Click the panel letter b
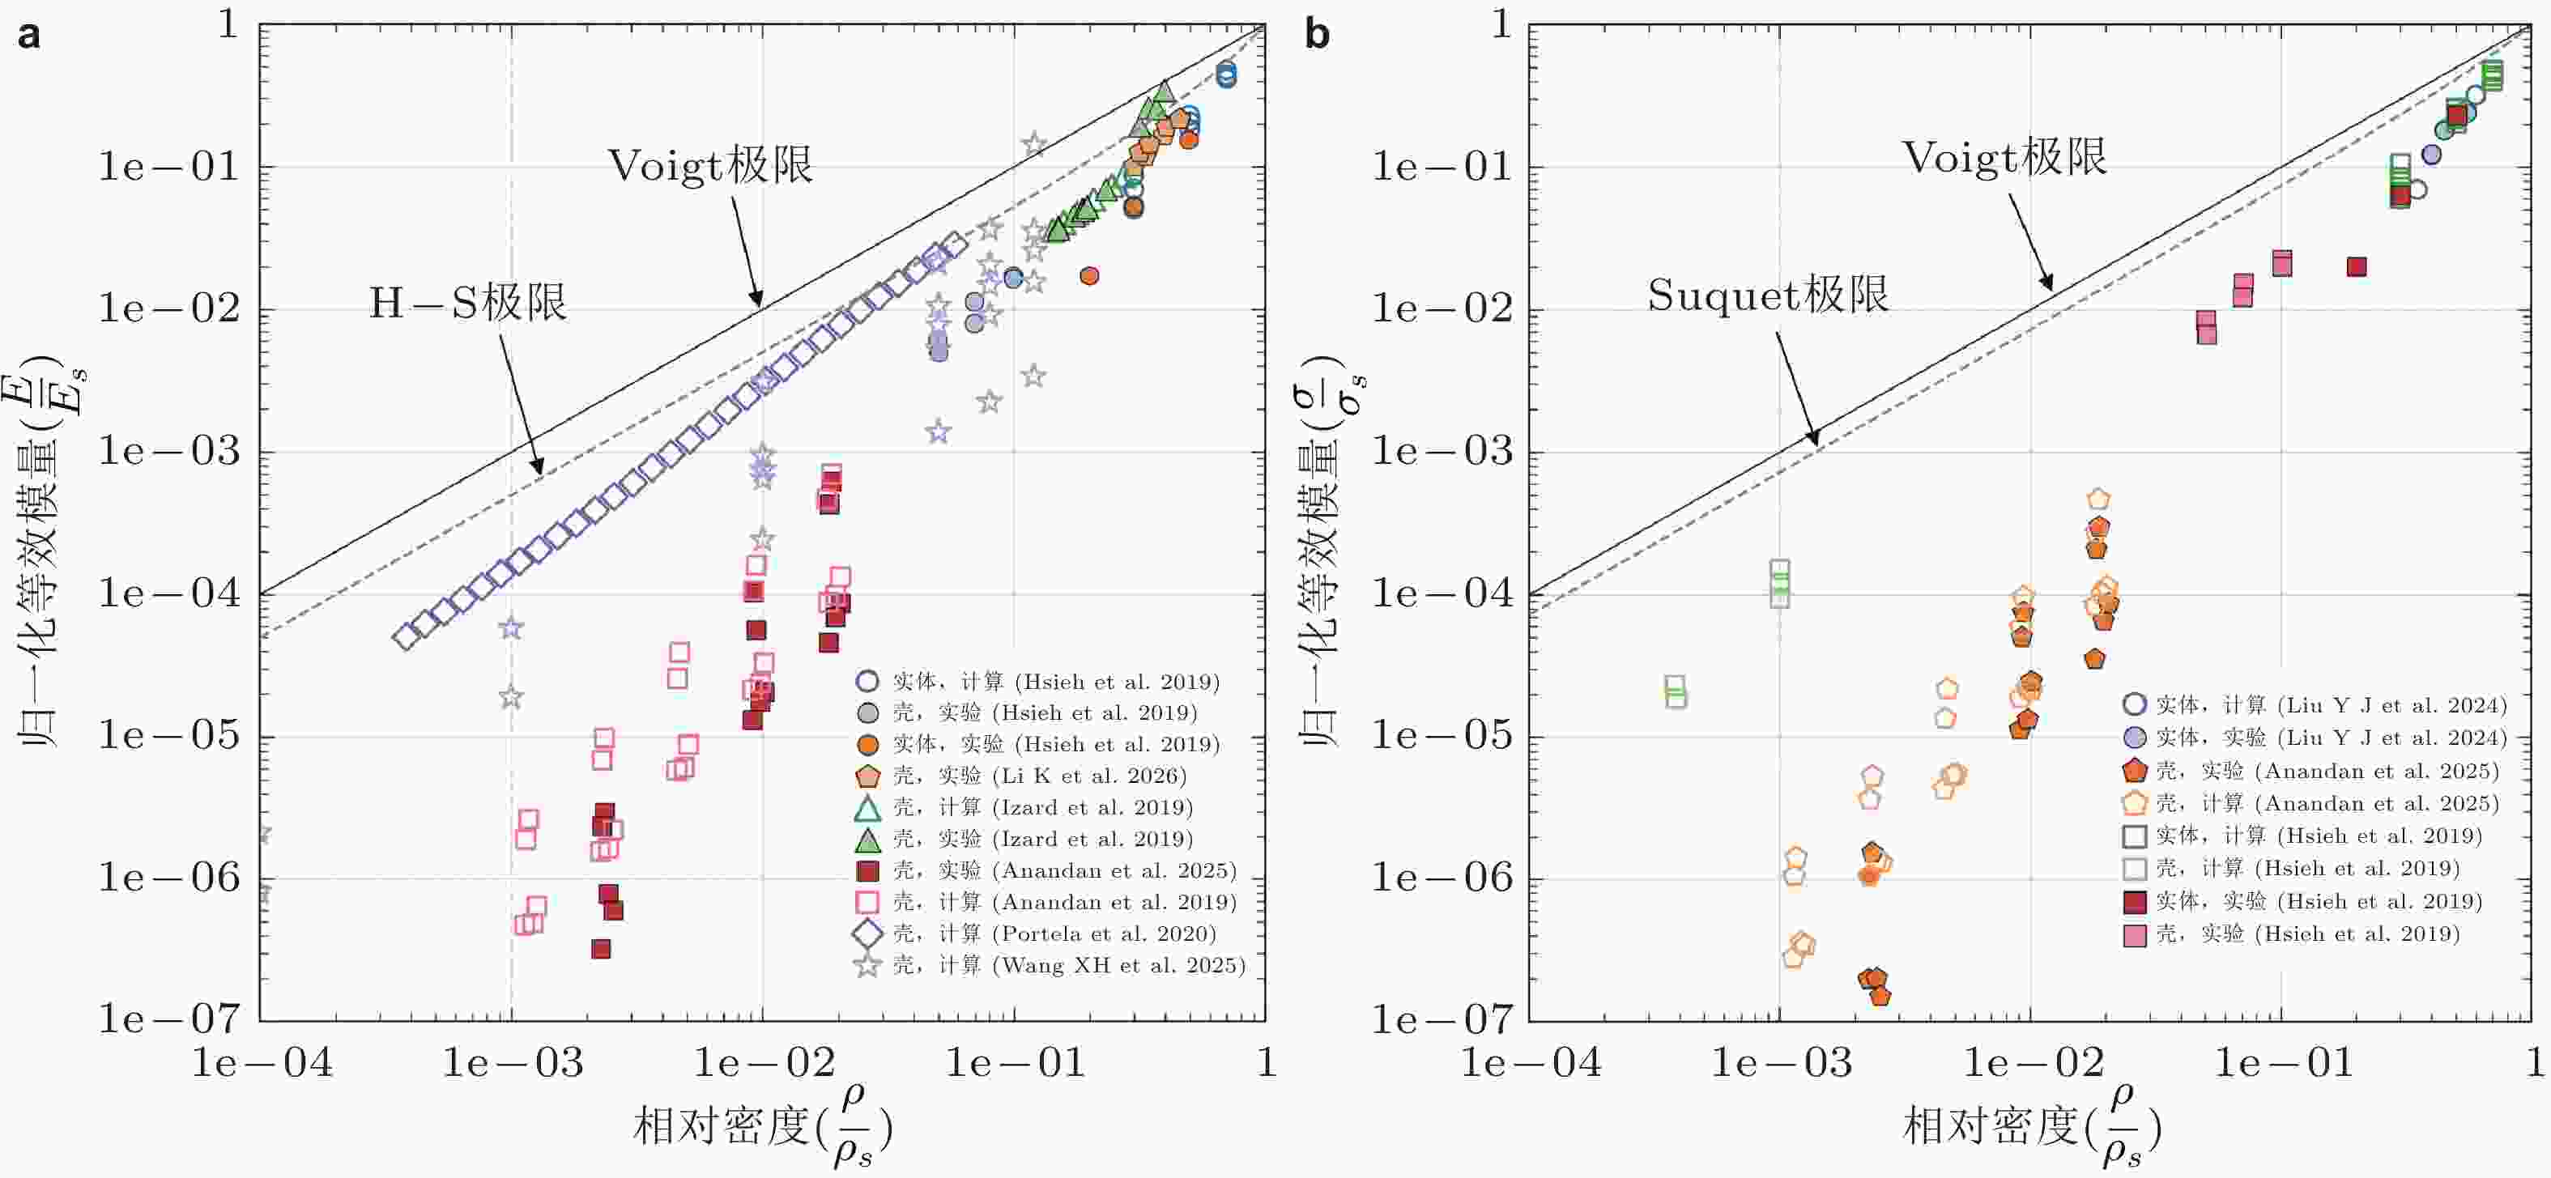[1317, 36]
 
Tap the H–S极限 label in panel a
[467, 303]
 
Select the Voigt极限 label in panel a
[710, 165]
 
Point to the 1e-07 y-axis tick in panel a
[169, 1019]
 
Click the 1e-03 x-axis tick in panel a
[513, 1063]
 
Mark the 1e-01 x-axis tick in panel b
[2283, 1063]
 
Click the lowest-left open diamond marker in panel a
[405, 637]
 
